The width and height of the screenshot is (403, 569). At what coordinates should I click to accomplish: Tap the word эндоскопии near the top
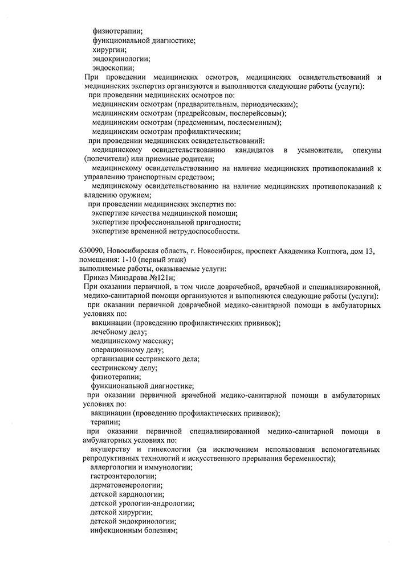tap(113, 68)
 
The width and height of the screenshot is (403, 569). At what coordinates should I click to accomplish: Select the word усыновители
tap(318, 150)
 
